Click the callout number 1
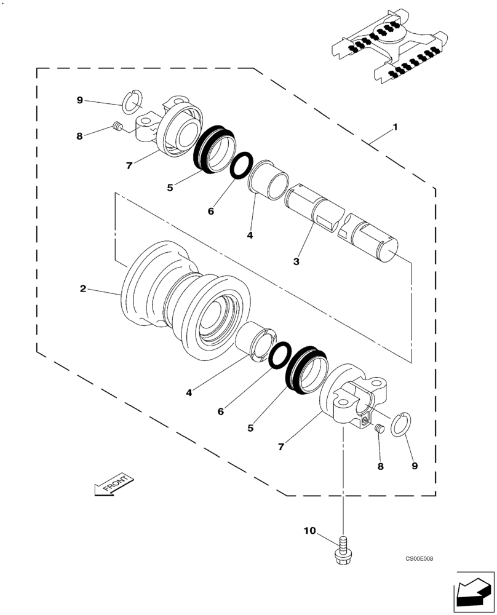click(x=396, y=127)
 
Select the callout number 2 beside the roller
click(x=83, y=288)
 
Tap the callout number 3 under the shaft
click(x=296, y=261)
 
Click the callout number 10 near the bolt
click(x=309, y=530)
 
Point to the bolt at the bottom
click(x=343, y=550)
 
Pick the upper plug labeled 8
click(x=118, y=127)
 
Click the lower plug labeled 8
click(x=380, y=429)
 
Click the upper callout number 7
click(x=129, y=165)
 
